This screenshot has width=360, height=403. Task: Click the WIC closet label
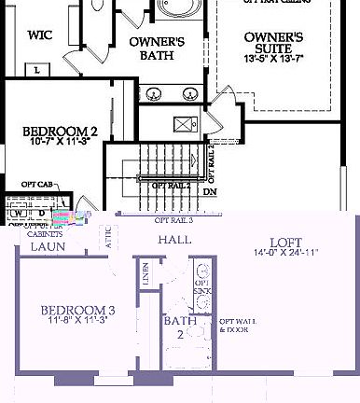39,36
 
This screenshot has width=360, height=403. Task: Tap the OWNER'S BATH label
156,49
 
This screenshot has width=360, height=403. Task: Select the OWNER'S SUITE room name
273,44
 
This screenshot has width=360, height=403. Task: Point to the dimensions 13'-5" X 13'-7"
273,60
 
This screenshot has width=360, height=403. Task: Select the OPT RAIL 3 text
173,220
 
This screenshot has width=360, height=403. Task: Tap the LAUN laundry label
47,247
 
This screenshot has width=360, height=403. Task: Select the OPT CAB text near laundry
36,198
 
